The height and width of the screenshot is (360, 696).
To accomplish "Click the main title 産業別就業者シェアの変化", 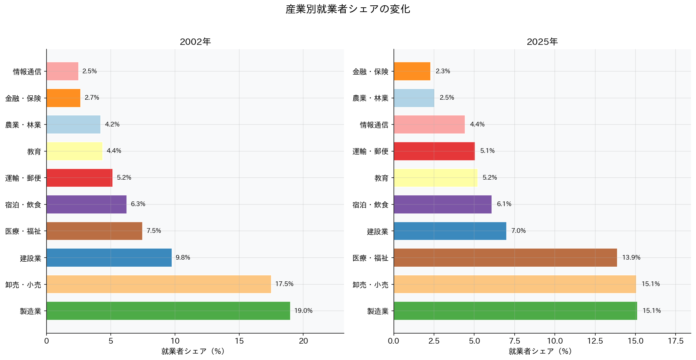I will tap(348, 9).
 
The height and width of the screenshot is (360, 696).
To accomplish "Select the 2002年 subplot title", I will tap(195, 42).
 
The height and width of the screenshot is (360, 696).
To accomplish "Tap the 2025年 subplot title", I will tap(542, 42).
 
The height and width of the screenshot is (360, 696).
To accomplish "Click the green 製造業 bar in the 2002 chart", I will tap(168, 311).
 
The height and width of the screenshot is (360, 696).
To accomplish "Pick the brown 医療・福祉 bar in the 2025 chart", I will tap(505, 258).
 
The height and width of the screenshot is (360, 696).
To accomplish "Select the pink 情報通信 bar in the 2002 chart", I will tap(62, 71).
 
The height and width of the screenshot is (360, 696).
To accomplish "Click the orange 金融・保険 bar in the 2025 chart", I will tap(412, 71).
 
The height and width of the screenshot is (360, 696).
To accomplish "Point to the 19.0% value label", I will tap(303, 311).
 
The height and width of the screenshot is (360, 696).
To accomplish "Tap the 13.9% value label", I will tap(631, 258).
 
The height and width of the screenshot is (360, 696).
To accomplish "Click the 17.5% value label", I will tap(284, 284).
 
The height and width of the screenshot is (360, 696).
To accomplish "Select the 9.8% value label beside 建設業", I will tap(183, 258).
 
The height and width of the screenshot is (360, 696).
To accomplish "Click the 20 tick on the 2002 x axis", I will tap(303, 341).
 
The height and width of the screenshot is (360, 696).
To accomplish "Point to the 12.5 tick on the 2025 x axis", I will tap(595, 341).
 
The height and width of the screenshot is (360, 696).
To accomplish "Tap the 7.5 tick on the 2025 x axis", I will tap(514, 341).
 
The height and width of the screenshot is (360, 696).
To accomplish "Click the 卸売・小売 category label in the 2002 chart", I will tap(23, 285).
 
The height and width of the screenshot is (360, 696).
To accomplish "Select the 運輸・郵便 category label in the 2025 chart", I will tap(370, 152).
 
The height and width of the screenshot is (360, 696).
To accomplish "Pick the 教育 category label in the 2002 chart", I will tap(34, 152).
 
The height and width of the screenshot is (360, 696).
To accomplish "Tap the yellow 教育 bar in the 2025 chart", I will tap(435, 178).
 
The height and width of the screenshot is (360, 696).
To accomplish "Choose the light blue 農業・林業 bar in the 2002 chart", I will tap(73, 124).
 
